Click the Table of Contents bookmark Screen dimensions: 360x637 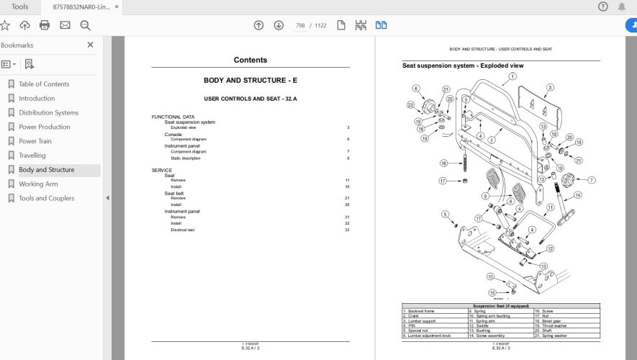point(44,84)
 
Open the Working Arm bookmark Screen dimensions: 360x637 point(38,184)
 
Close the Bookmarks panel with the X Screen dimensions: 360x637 point(90,45)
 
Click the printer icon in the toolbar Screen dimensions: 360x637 point(45,25)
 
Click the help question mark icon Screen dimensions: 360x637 point(603,6)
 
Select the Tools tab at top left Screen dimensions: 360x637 point(20,7)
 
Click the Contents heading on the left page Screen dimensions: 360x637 point(250,60)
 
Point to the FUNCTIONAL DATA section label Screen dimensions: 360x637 point(173,117)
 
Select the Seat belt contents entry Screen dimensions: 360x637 point(173,193)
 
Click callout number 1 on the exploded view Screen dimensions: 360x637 point(512,76)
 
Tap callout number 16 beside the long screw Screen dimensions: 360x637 point(443,163)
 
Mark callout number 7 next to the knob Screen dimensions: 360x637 point(592,180)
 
